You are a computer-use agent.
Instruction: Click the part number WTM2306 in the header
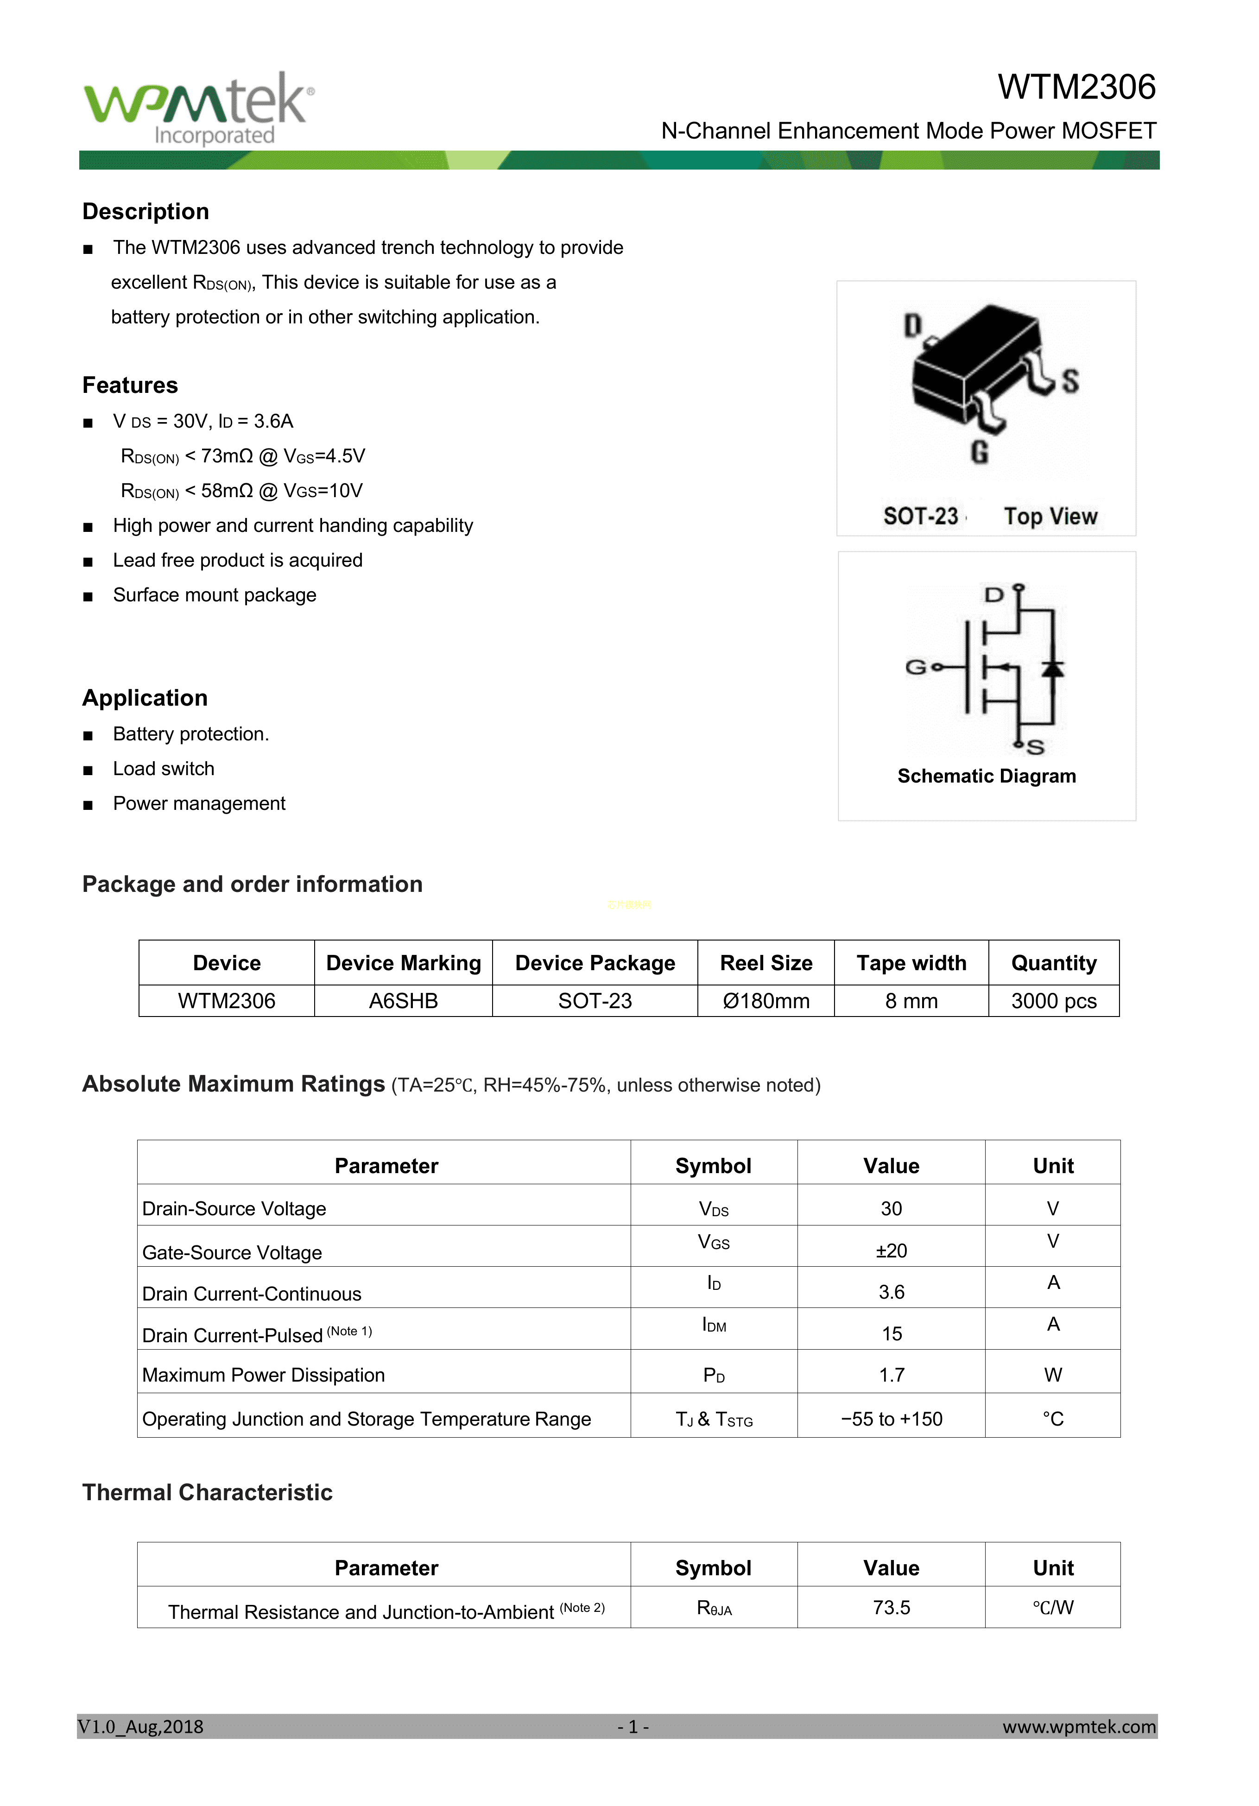point(1076,87)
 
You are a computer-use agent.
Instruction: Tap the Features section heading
point(130,385)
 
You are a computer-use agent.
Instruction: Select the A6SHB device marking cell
point(403,1001)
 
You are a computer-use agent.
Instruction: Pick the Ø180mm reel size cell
point(766,1001)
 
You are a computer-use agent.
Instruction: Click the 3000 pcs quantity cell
point(1053,1001)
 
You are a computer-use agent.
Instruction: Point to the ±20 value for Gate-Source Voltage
point(891,1250)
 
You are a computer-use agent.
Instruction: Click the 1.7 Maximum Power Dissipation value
point(891,1375)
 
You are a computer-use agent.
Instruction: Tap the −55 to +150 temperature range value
point(891,1419)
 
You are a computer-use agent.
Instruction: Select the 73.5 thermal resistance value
point(891,1608)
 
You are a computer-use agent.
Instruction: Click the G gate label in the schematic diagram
point(915,667)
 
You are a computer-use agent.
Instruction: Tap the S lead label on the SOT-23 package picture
point(1070,381)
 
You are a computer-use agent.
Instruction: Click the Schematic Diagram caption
point(986,777)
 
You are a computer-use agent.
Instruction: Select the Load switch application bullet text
point(164,769)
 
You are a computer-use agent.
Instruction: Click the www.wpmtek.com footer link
point(1078,1727)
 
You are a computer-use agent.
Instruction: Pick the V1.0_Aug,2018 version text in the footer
point(140,1727)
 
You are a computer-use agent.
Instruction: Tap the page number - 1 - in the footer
point(633,1727)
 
